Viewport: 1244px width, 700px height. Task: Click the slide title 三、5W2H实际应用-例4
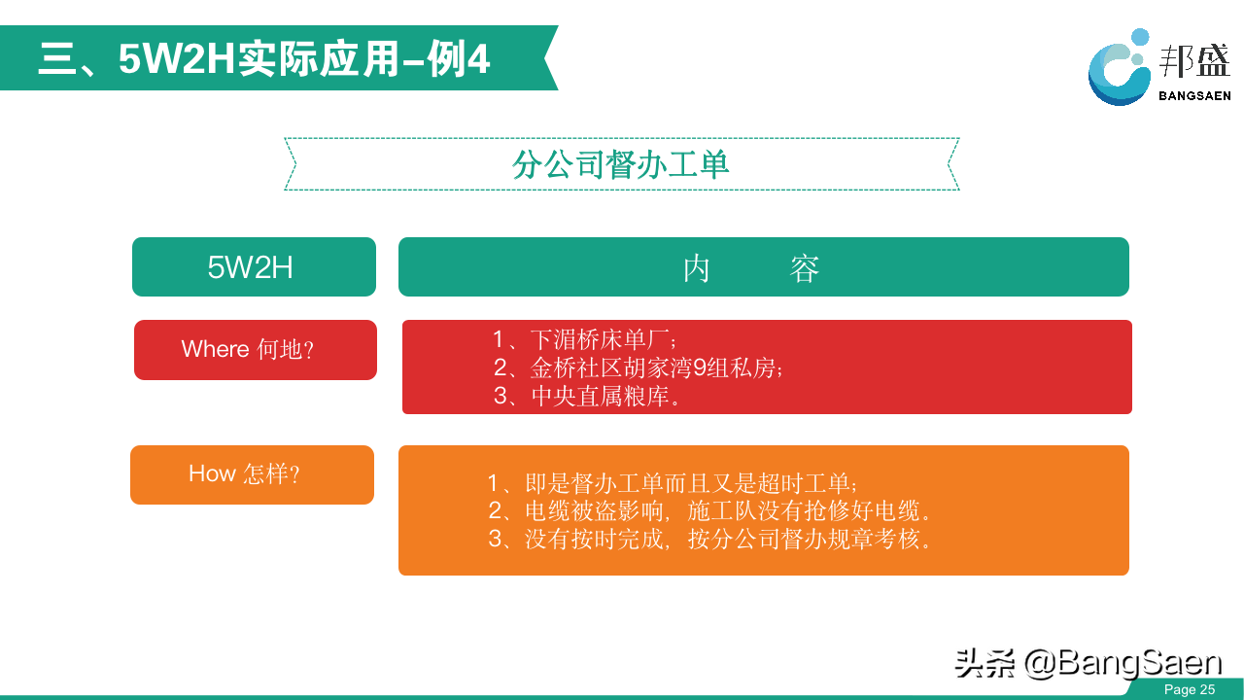[x=264, y=58]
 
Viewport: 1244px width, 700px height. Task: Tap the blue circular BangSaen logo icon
[x=1119, y=68]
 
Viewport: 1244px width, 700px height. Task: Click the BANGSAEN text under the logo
[x=1194, y=96]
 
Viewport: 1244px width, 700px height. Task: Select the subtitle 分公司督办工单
[x=620, y=164]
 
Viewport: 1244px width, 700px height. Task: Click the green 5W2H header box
[x=254, y=266]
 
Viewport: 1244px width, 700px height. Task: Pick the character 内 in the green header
[x=697, y=268]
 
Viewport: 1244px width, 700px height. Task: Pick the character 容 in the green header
[x=804, y=268]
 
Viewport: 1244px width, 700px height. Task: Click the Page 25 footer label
[x=1190, y=689]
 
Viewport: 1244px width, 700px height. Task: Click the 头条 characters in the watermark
[x=985, y=663]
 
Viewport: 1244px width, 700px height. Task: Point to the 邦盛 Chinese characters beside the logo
[x=1194, y=61]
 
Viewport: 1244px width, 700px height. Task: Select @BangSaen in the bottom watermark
[x=1123, y=663]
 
